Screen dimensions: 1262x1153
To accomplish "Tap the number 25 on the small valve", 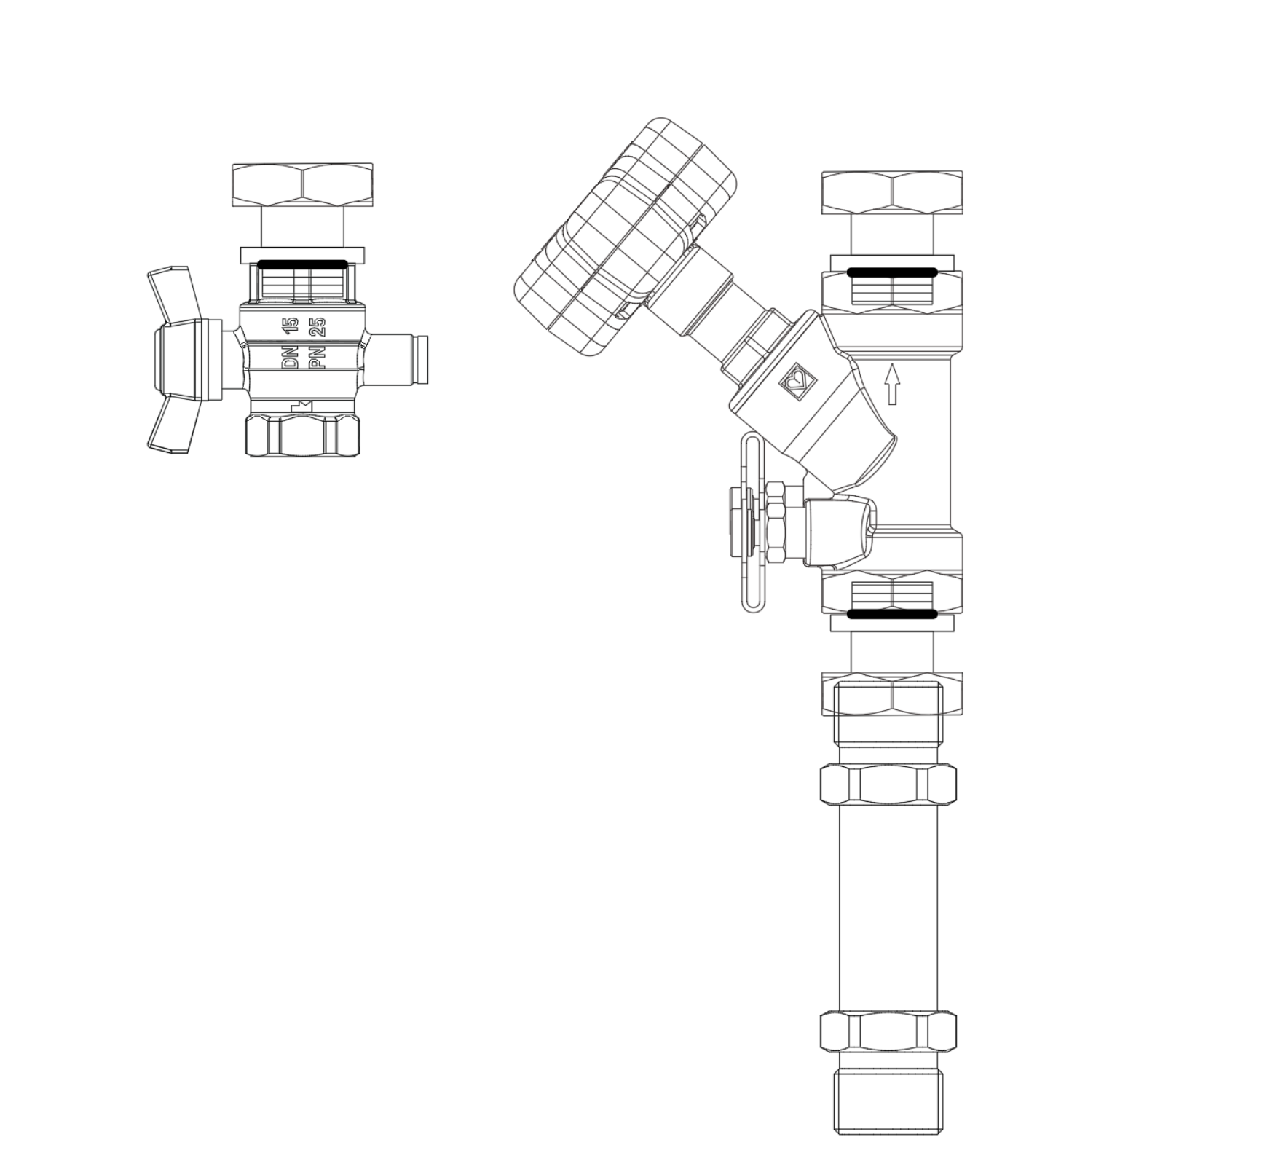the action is (318, 326).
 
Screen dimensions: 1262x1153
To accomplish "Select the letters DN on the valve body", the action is (291, 359).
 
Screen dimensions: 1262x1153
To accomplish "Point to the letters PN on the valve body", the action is (318, 359).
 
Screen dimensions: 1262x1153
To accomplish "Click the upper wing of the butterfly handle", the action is (175, 293).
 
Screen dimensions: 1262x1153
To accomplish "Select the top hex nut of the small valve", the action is (302, 184).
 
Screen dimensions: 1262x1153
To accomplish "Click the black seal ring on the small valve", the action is (303, 264).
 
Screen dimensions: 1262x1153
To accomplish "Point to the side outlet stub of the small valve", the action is (398, 358).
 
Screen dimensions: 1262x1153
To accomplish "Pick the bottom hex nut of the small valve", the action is (302, 436).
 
